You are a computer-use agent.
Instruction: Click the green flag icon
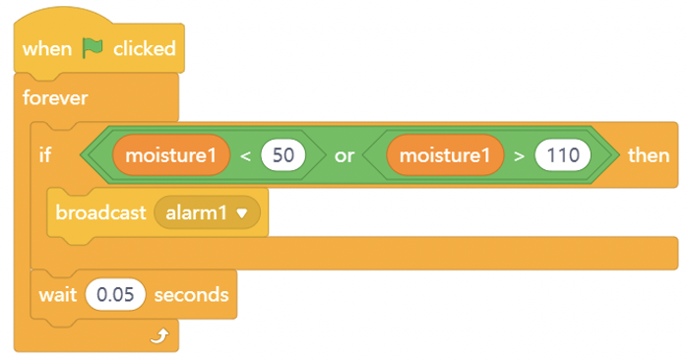point(93,48)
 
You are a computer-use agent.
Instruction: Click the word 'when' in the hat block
point(47,48)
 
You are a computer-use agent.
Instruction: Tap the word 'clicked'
point(145,48)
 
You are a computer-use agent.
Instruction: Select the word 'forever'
point(55,97)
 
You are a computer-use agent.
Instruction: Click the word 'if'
point(45,155)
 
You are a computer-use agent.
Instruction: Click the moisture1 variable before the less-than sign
point(171,155)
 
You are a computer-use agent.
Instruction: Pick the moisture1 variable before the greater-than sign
point(445,155)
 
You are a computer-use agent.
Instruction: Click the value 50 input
point(283,155)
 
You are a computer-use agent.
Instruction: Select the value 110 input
point(563,155)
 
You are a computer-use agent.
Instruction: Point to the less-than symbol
point(245,156)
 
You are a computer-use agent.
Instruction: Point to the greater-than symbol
point(520,156)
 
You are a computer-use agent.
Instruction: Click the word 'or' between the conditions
point(344,156)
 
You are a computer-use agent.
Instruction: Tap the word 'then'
point(649,155)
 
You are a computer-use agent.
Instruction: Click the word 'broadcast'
point(100,212)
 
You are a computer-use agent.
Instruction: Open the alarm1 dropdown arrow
point(242,213)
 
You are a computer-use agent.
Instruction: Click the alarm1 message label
point(196,213)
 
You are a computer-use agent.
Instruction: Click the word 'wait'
point(58,295)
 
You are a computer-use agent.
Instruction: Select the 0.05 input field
point(115,295)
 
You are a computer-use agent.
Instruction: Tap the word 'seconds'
point(192,295)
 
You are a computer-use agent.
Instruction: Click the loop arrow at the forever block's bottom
point(159,336)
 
